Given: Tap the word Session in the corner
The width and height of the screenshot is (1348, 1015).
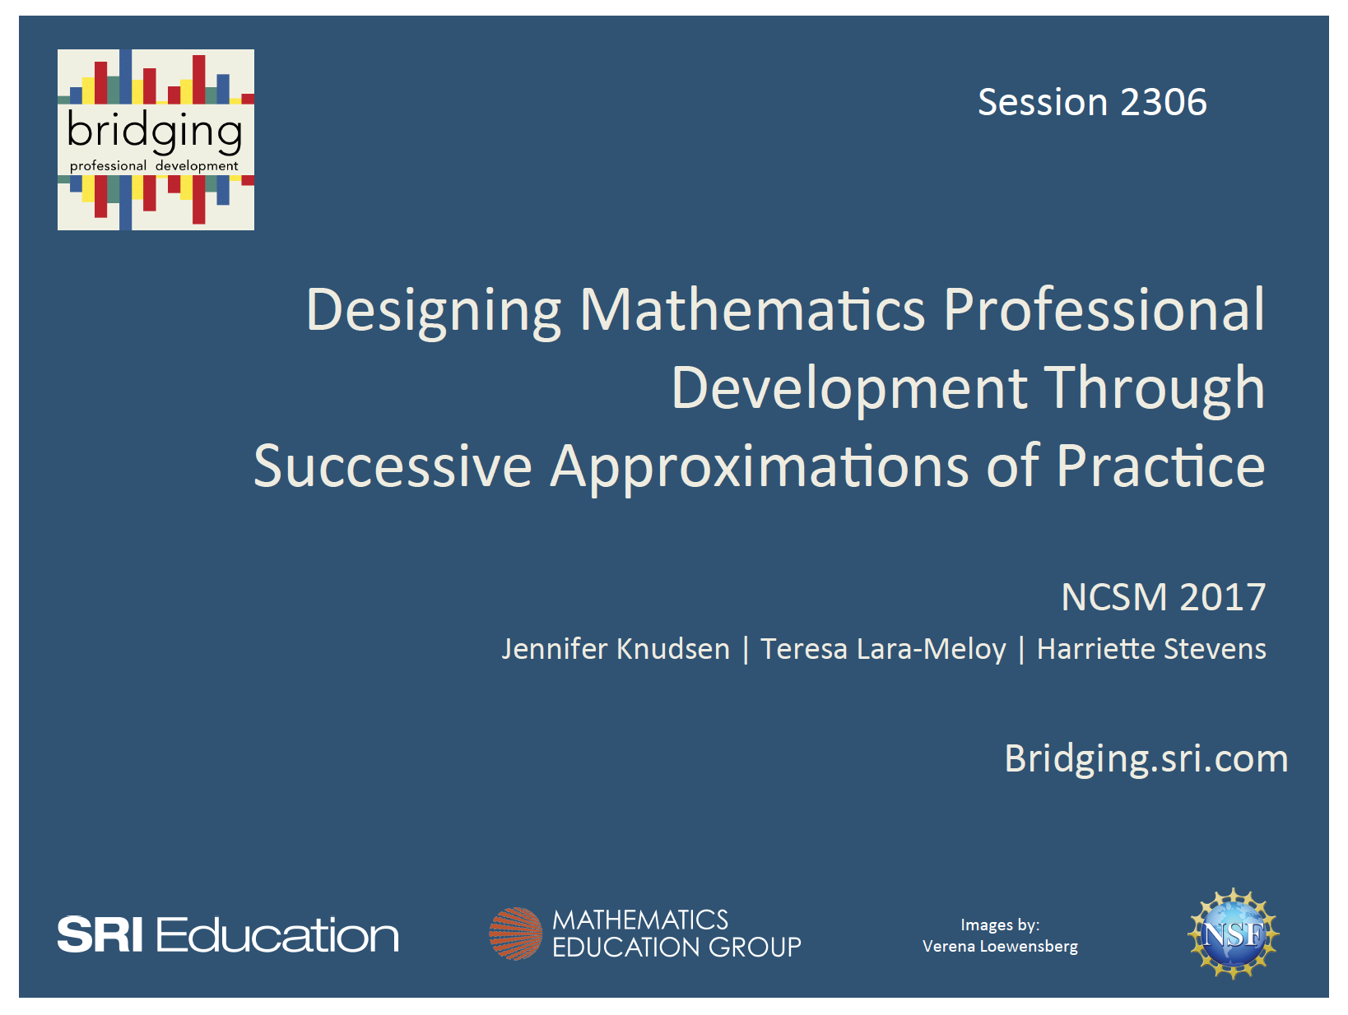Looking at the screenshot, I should coord(1043,103).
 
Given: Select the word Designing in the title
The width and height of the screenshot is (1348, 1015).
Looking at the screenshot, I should coord(434,311).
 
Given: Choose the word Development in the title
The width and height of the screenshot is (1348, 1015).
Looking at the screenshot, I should coord(849,388).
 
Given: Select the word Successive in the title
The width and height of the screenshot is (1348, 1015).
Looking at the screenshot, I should coord(393,466).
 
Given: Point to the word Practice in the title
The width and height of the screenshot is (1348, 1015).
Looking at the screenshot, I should coord(1160,466).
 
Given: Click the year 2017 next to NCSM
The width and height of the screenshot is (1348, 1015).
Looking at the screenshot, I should coord(1222,597).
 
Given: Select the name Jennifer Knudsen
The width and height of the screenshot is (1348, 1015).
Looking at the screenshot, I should coord(616,649).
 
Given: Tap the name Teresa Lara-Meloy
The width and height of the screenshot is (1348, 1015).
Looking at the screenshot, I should coord(883,649).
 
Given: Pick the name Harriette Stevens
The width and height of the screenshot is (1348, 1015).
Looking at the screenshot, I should coord(1151,649).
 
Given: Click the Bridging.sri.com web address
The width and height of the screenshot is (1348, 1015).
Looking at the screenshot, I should coord(1146,758).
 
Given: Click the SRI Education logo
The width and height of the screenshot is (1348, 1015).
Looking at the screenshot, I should coord(228,935).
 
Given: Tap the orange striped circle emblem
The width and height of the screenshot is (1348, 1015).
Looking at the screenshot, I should coord(516,934).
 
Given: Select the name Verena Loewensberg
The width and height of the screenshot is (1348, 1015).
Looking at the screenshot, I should coord(1000,946).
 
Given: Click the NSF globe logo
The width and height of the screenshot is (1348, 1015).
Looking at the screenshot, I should coord(1233,934).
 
